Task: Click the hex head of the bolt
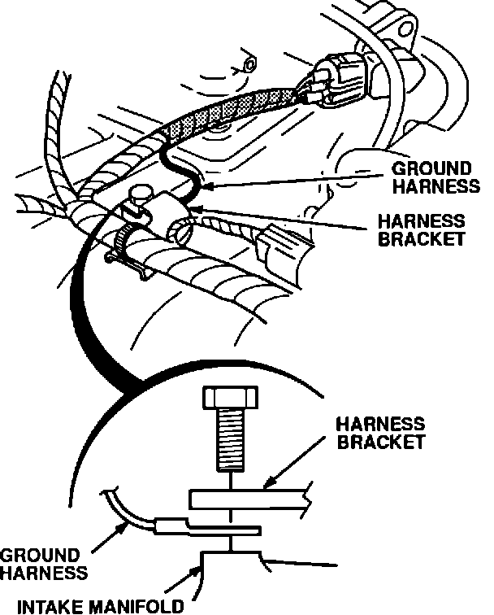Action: tap(232, 401)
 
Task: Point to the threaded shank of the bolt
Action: tap(232, 443)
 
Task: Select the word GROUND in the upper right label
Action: tap(427, 168)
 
